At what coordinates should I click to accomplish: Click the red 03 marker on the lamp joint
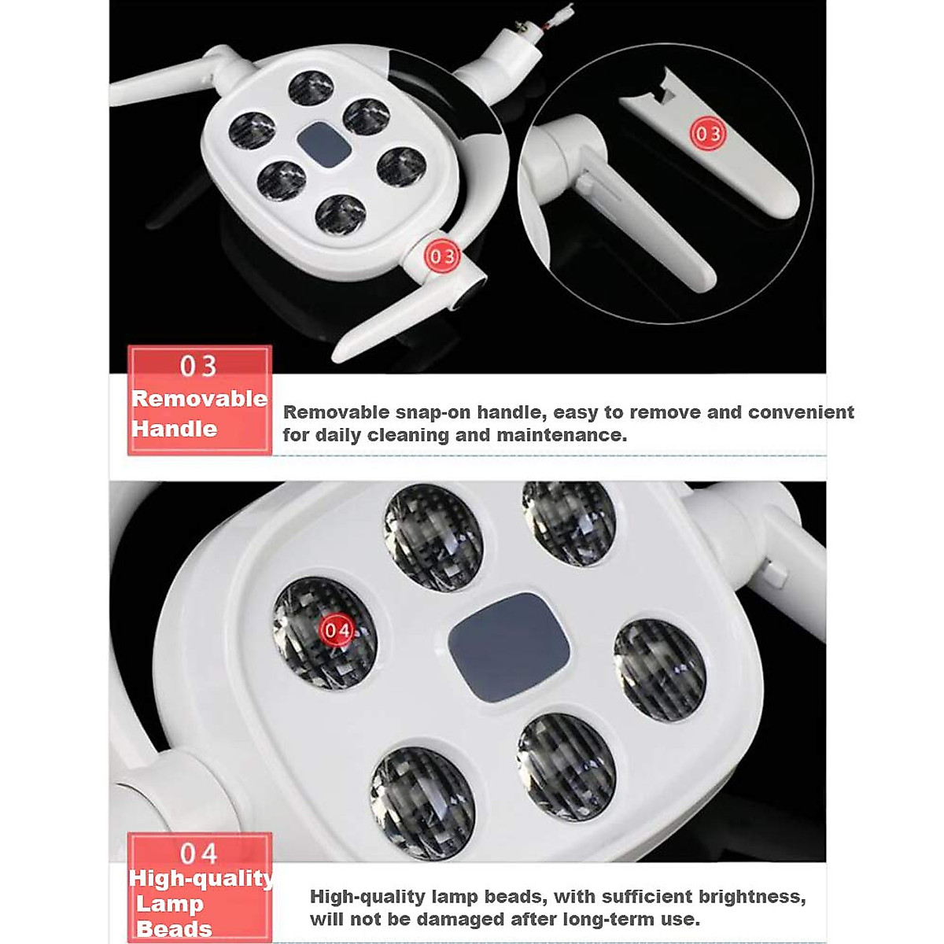tap(441, 256)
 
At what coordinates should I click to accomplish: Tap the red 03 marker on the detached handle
tap(707, 134)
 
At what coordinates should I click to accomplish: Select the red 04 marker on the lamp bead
tap(337, 630)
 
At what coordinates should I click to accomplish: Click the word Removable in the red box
tap(200, 399)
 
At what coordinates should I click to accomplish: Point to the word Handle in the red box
tap(175, 429)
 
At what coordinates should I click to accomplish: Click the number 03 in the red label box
tap(198, 367)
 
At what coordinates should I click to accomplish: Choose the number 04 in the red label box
tap(198, 854)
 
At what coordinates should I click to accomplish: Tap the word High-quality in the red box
tap(201, 879)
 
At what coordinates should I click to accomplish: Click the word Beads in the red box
tap(174, 929)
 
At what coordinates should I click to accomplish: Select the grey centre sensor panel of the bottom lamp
tap(509, 636)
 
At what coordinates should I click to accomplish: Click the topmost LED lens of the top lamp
tap(312, 88)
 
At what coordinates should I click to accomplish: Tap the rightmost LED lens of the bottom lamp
tap(659, 670)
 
